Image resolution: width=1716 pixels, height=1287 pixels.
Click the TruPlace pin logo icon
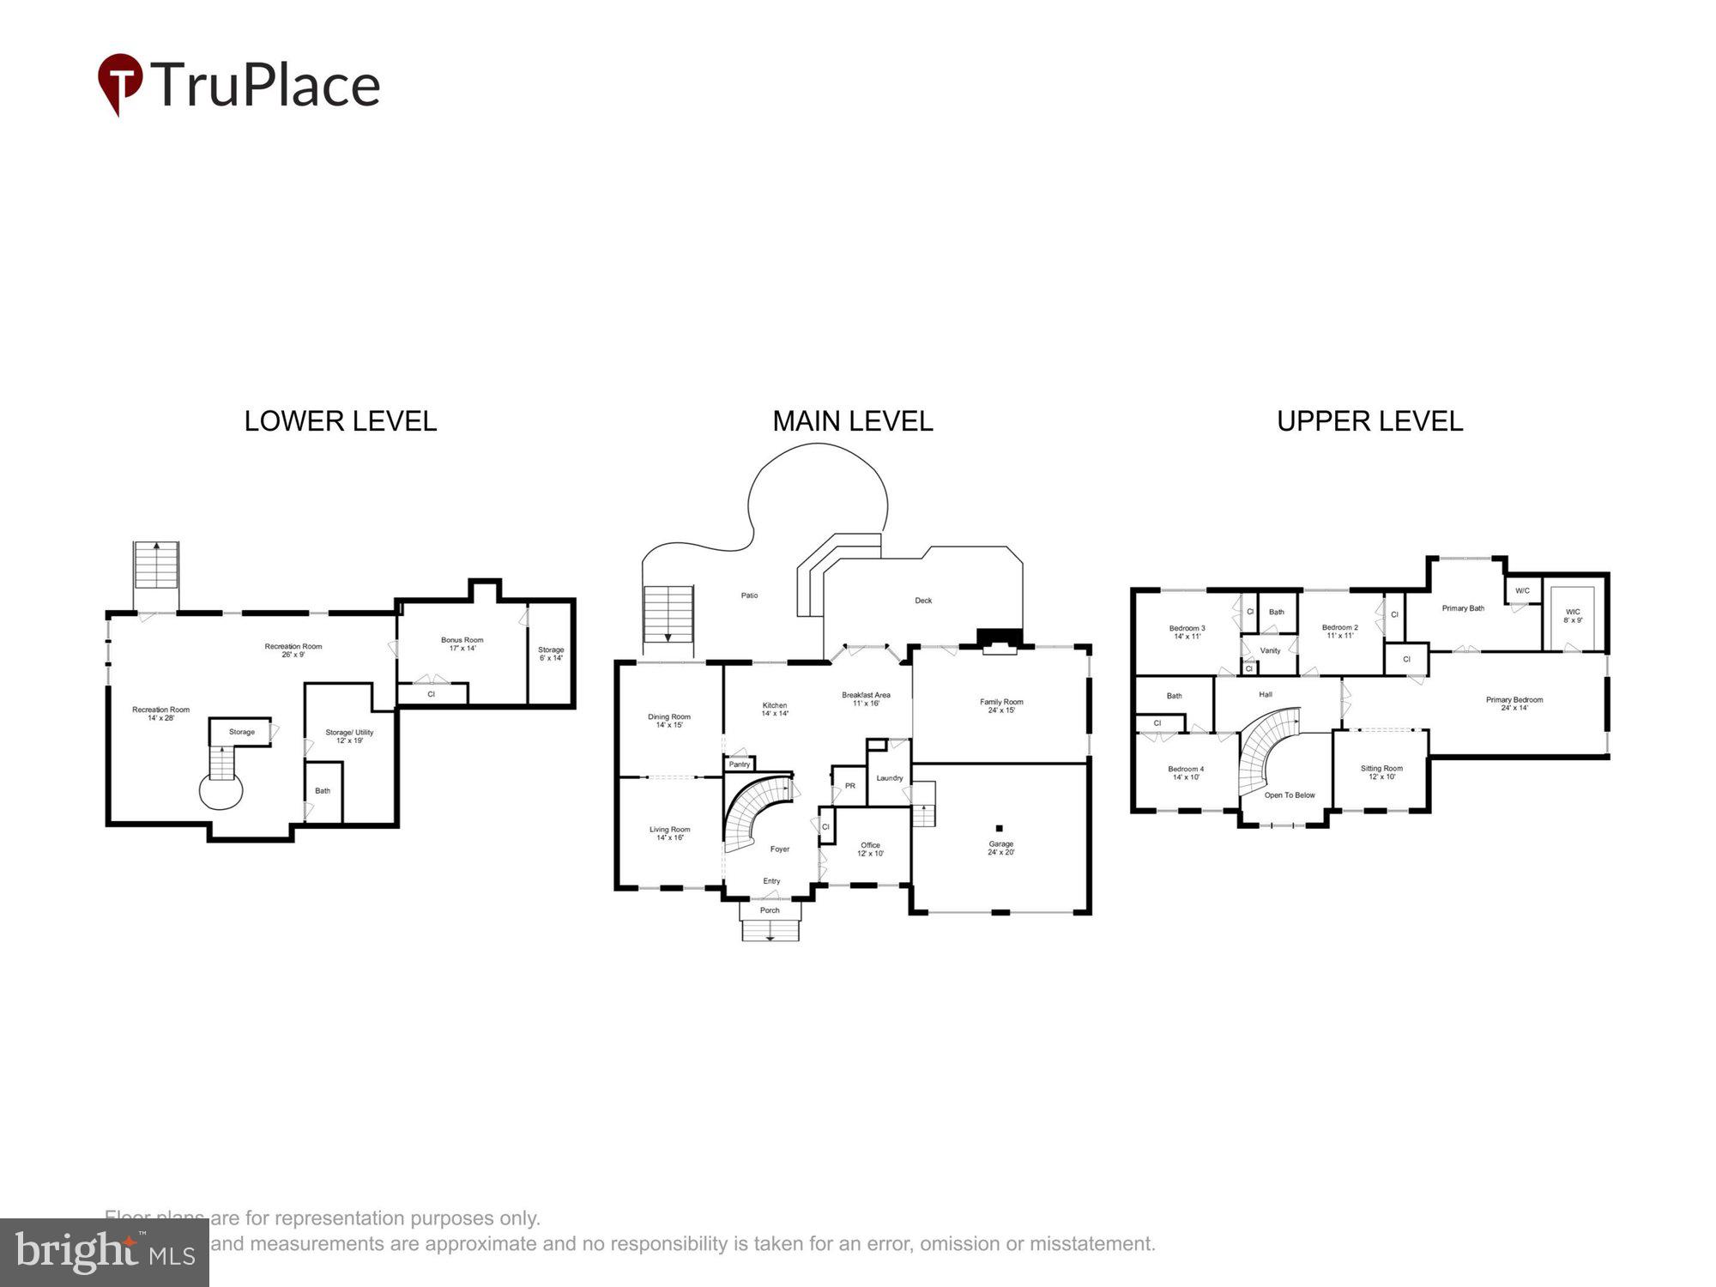point(119,82)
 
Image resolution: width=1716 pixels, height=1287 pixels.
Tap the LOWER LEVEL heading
point(341,421)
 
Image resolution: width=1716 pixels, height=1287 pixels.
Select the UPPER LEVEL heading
point(1369,421)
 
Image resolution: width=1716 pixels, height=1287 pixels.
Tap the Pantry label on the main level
point(739,764)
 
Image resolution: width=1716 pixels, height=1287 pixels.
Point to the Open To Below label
point(1289,795)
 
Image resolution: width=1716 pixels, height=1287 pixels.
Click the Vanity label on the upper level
point(1270,650)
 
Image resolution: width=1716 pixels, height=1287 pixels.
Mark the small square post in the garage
point(999,828)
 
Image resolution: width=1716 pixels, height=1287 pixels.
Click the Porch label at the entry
point(770,910)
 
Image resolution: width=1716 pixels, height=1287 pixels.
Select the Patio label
point(749,595)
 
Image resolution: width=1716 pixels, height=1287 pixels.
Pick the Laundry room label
point(889,778)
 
